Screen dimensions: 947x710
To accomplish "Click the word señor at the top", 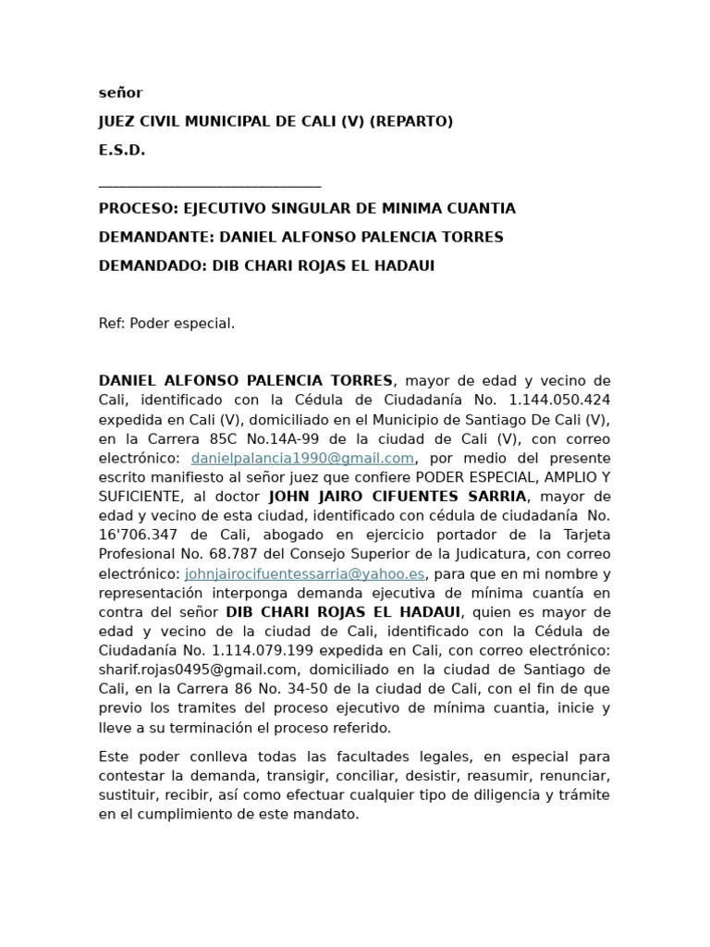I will click(x=121, y=92).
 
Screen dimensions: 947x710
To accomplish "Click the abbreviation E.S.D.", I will click(x=122, y=150).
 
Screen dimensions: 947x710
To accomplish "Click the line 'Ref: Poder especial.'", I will click(x=167, y=323).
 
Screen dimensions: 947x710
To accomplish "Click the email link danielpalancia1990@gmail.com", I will click(x=302, y=458).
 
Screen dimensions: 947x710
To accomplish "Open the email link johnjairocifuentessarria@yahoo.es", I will click(x=304, y=573).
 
